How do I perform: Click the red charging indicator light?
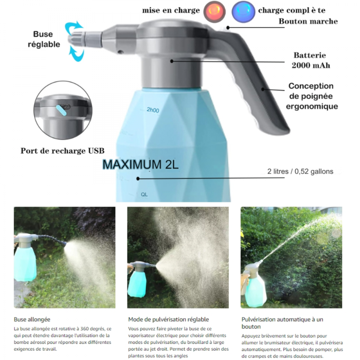point(214,11)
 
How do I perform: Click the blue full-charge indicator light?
point(243,11)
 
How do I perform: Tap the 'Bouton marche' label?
point(308,21)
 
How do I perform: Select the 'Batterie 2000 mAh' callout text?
point(311,60)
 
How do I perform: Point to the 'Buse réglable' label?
point(44,39)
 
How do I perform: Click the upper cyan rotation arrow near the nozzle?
point(73,28)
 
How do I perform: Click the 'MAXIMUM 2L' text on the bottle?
point(140,165)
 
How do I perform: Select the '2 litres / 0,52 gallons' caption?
point(300,171)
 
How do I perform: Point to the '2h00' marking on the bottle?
point(153,110)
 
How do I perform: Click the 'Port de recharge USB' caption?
point(62,151)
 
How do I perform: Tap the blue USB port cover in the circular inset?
point(61,110)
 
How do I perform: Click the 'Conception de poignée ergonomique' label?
point(312,96)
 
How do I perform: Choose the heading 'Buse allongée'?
point(32,319)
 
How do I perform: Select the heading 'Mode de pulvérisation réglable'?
point(168,319)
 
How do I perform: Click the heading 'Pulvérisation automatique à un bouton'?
point(282,323)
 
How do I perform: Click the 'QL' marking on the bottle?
point(144,194)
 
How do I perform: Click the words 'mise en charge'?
point(171,10)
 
